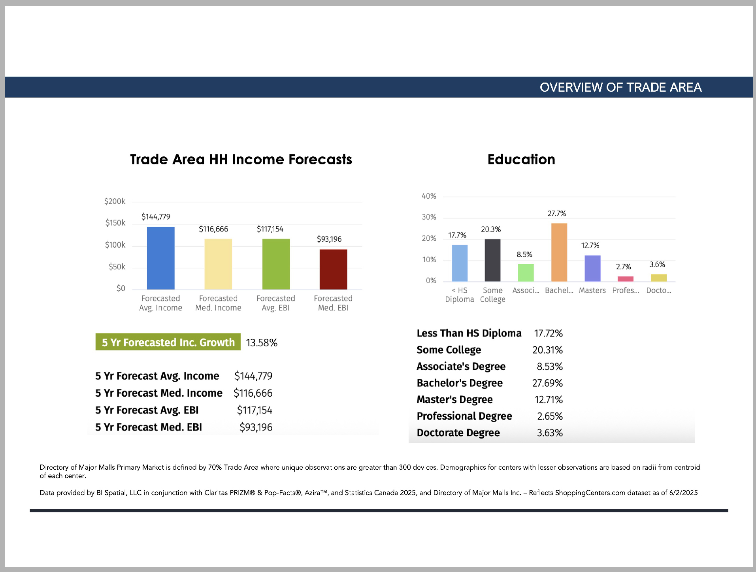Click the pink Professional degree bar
coord(625,279)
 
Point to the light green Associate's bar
coord(526,273)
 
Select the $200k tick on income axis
coord(115,201)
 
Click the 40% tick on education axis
coord(429,196)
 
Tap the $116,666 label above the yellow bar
coord(213,229)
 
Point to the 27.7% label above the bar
coord(556,213)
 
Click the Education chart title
coord(521,160)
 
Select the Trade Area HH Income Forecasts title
coord(241,160)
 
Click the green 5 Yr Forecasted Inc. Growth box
coord(168,342)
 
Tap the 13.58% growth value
coord(262,342)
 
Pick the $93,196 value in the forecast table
coord(256,427)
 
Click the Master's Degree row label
coord(454,399)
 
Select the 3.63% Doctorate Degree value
coord(549,433)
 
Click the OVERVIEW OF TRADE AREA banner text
coord(620,87)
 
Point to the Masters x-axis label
coord(592,290)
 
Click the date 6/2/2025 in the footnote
coord(683,493)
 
